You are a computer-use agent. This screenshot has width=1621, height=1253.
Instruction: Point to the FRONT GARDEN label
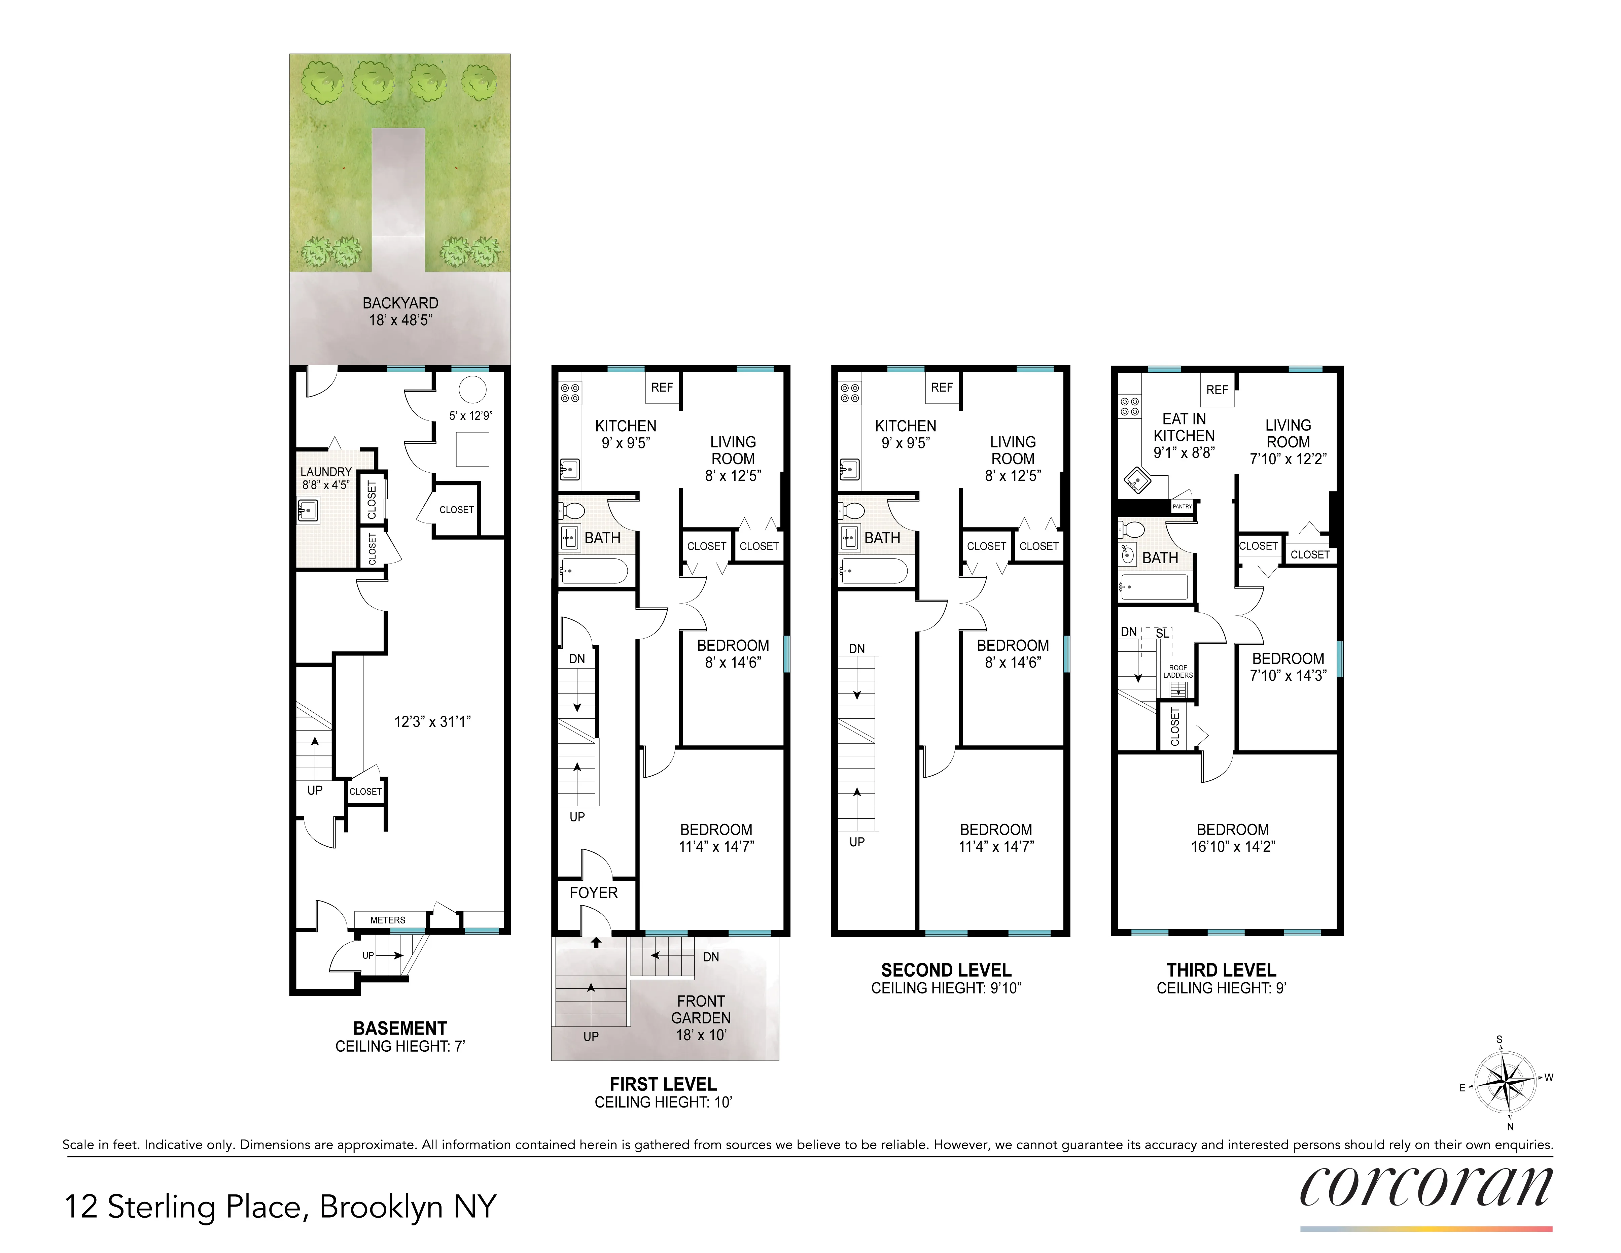(701, 1010)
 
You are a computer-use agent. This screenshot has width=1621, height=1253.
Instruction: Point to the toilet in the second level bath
(853, 511)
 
